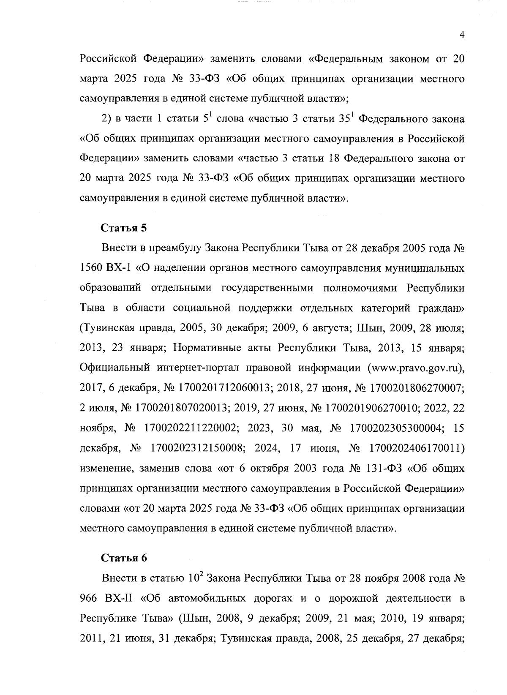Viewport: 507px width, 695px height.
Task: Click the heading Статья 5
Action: (124, 228)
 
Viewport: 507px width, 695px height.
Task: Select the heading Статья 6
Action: (124, 558)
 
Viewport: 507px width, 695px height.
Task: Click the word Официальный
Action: (114, 368)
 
